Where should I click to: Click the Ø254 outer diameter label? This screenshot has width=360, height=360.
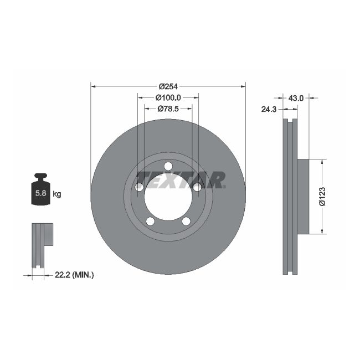pyautogui.click(x=168, y=86)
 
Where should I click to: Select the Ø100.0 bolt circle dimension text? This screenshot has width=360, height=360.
pyautogui.click(x=168, y=97)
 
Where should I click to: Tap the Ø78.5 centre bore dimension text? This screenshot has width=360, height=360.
pyautogui.click(x=168, y=109)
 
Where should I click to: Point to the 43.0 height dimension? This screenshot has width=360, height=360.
pyautogui.click(x=296, y=98)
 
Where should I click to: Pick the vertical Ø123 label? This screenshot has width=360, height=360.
pyautogui.click(x=322, y=196)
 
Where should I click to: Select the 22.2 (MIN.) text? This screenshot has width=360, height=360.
pyautogui.click(x=75, y=274)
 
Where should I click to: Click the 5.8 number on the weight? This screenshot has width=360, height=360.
pyautogui.click(x=40, y=194)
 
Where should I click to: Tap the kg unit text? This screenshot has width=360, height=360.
pyautogui.click(x=56, y=194)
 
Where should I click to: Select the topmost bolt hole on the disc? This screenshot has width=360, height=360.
pyautogui.click(x=168, y=168)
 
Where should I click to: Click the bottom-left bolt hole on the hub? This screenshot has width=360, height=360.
pyautogui.click(x=150, y=222)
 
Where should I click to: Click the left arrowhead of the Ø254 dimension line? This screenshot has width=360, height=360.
pyautogui.click(x=93, y=86)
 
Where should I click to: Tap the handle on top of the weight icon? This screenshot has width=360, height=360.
pyautogui.click(x=40, y=177)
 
